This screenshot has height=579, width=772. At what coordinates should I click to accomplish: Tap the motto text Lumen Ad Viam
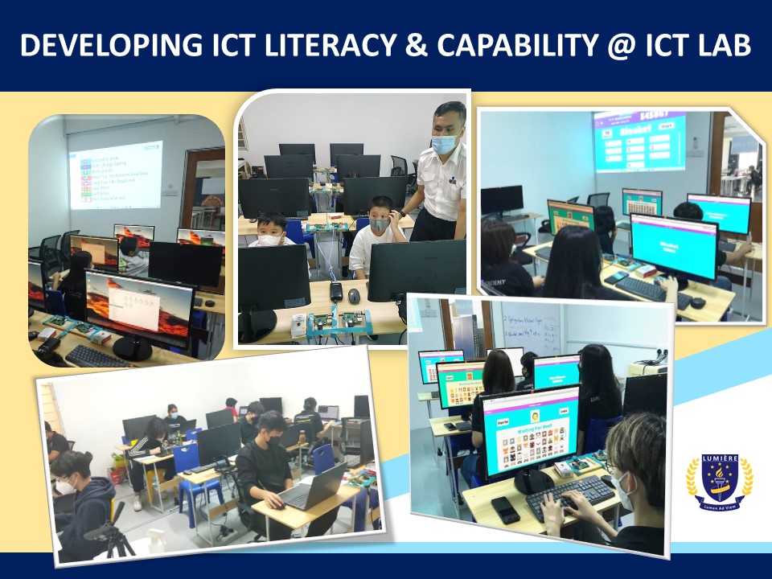tap(720, 519)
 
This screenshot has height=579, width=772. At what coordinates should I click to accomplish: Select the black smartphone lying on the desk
tap(505, 510)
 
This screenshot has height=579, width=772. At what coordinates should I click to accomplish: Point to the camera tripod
tap(118, 537)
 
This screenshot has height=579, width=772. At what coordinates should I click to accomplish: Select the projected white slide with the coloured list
tap(116, 175)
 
